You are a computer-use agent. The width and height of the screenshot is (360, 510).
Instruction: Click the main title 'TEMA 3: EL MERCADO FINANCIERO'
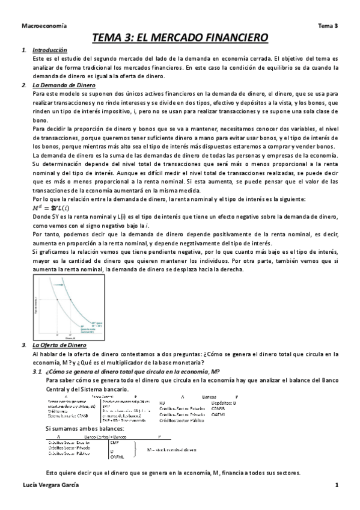(180, 38)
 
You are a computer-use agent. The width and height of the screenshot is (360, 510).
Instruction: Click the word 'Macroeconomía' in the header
(44, 26)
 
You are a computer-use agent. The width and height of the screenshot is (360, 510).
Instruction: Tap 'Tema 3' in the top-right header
(328, 26)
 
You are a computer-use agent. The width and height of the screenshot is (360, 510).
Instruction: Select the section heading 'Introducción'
(50, 50)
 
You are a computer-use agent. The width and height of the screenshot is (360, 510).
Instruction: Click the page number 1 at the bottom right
(337, 485)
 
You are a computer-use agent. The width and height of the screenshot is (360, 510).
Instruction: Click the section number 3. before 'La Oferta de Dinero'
(23, 345)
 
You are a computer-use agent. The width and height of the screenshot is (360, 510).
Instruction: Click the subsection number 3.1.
(38, 372)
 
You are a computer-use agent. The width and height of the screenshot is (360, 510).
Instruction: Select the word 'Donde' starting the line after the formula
(41, 216)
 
